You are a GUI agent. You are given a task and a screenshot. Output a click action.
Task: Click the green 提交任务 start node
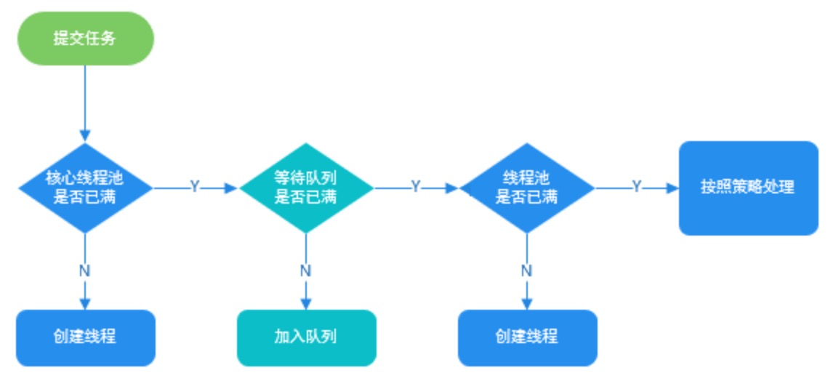[85, 39]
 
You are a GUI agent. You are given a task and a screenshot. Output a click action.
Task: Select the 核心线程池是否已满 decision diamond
[85, 188]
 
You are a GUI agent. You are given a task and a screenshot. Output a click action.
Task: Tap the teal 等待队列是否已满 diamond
[306, 188]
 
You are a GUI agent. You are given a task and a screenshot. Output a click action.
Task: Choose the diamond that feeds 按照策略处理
[527, 188]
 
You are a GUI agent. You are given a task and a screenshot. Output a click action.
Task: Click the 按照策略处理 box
[748, 188]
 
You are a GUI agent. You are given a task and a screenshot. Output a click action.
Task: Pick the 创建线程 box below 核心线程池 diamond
[85, 337]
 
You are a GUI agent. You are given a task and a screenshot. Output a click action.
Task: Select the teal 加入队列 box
[306, 337]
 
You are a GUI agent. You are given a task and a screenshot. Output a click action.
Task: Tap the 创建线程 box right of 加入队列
[527, 337]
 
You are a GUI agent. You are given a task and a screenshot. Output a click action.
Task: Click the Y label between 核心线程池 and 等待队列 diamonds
[195, 188]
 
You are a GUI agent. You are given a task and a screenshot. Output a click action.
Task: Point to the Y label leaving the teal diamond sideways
[416, 188]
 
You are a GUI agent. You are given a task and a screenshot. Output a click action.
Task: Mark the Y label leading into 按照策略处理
[637, 188]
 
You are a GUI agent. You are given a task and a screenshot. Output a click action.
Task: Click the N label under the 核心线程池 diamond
[85, 270]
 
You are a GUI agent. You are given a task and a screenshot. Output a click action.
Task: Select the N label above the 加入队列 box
[306, 270]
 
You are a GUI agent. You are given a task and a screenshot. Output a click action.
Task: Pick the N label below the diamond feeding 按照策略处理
[527, 270]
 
